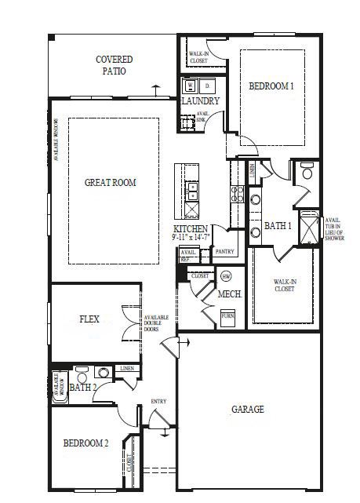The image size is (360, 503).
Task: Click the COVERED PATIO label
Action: pyautogui.click(x=115, y=65)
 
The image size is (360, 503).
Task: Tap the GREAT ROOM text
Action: pyautogui.click(x=111, y=183)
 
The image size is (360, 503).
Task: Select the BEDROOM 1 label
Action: pyautogui.click(x=271, y=86)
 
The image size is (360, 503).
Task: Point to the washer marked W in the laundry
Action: pyautogui.click(x=191, y=86)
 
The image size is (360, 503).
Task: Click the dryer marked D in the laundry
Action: pyautogui.click(x=208, y=86)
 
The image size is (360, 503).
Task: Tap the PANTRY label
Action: pyautogui.click(x=225, y=252)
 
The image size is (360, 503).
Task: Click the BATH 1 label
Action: pyautogui.click(x=278, y=226)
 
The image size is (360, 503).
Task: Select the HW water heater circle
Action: pyautogui.click(x=227, y=277)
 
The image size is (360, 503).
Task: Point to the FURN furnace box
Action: pyautogui.click(x=227, y=316)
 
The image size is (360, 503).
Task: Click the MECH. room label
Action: pyautogui.click(x=229, y=294)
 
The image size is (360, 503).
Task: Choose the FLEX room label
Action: pyautogui.click(x=89, y=319)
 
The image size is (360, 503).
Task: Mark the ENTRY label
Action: pyautogui.click(x=158, y=402)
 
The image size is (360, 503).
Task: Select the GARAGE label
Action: pyautogui.click(x=247, y=410)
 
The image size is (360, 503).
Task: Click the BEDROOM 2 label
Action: pyautogui.click(x=85, y=443)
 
